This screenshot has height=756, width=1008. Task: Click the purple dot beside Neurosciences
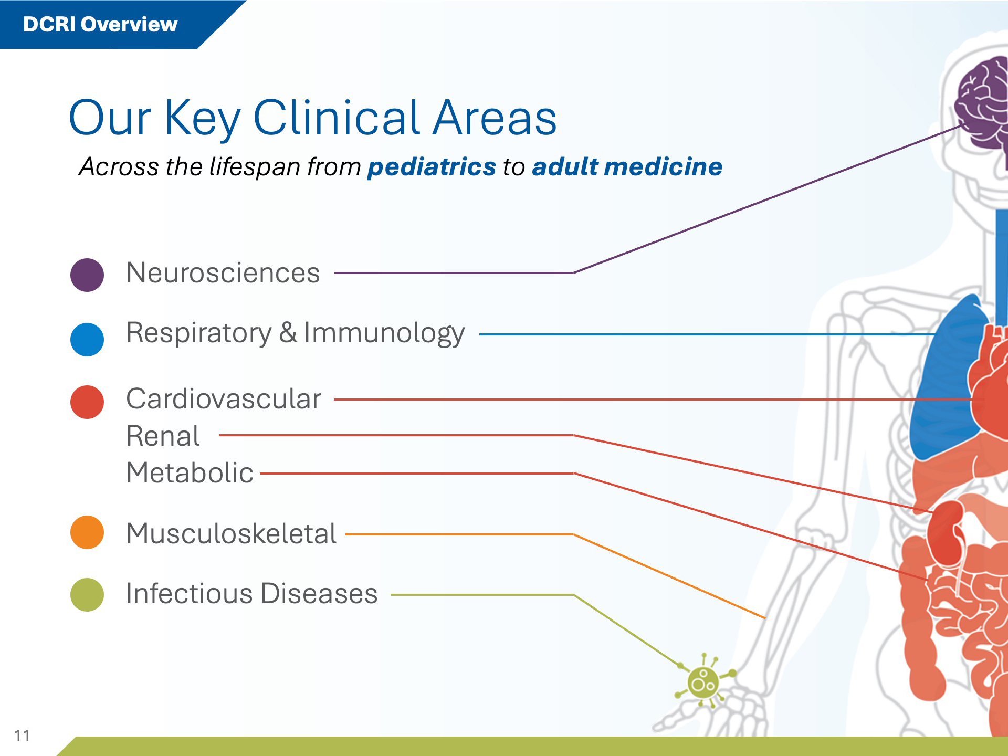pos(87,275)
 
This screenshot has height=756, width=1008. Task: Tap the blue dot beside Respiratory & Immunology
pos(87,339)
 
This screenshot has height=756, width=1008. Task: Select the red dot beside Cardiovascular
pos(87,402)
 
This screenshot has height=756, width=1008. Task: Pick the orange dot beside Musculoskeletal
pos(87,532)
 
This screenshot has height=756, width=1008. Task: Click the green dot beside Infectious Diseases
pos(87,595)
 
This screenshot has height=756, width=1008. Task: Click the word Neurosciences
pos(223,273)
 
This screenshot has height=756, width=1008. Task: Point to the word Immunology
pos(384,334)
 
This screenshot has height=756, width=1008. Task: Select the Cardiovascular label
pos(224,399)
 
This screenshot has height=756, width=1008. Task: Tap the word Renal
pos(163,436)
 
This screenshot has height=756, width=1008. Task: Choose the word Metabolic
pos(190,472)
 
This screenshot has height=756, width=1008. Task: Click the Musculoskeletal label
pos(232,534)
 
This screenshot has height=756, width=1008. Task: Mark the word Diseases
pos(319,594)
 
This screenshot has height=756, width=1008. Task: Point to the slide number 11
pos(22,736)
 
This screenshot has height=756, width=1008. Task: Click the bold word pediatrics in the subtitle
pos(432,167)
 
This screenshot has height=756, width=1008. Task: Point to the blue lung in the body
pos(945,378)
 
